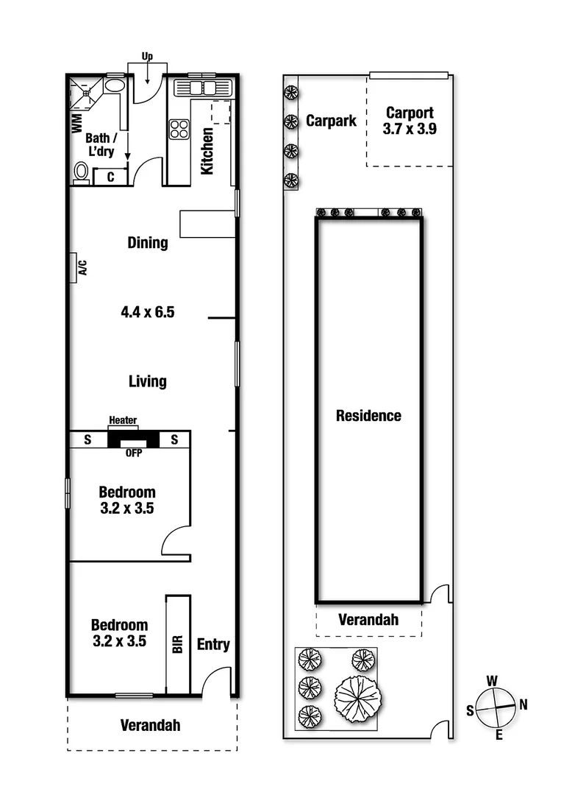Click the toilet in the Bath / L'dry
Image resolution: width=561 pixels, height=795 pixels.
pyautogui.click(x=82, y=172)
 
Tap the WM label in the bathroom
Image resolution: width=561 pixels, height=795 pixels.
pyautogui.click(x=76, y=123)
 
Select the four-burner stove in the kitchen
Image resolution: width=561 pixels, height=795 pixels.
pyautogui.click(x=180, y=129)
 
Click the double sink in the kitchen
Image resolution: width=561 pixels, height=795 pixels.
pyautogui.click(x=202, y=88)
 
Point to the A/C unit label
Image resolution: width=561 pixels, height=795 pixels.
pyautogui.click(x=82, y=267)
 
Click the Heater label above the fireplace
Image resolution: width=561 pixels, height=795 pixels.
pyautogui.click(x=123, y=420)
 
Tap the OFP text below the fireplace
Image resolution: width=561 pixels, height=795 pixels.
pyautogui.click(x=133, y=453)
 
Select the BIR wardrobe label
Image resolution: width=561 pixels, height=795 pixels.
pyautogui.click(x=177, y=646)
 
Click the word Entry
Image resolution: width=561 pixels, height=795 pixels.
pyautogui.click(x=213, y=645)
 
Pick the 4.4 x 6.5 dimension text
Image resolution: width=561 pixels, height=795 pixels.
pyautogui.click(x=148, y=312)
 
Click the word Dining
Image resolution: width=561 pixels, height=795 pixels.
pyautogui.click(x=148, y=242)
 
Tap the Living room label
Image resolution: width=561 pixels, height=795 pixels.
pyautogui.click(x=148, y=381)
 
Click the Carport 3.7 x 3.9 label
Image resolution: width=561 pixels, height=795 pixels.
pyautogui.click(x=410, y=121)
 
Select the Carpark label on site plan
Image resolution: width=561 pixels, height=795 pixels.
pyautogui.click(x=331, y=120)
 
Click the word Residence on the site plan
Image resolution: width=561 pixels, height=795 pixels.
pyautogui.click(x=368, y=415)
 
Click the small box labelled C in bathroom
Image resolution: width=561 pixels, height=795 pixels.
pyautogui.click(x=110, y=177)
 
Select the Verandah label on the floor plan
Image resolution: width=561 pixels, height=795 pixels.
pyautogui.click(x=150, y=725)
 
